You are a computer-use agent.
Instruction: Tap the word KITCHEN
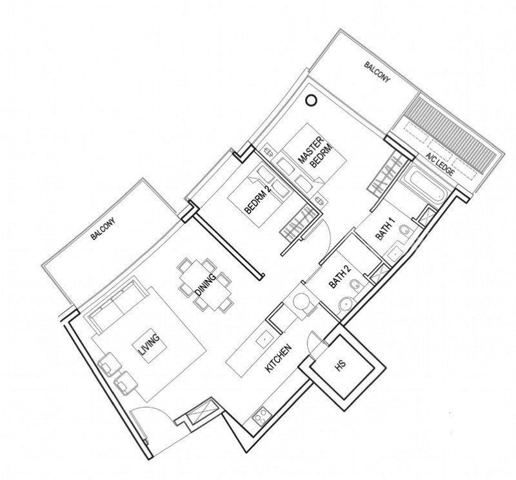(x=279, y=359)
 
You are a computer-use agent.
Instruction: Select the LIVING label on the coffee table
(x=150, y=345)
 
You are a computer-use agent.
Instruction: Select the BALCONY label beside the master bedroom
(x=377, y=72)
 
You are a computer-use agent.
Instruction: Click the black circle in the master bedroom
(x=311, y=100)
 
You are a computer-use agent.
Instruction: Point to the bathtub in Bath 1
(x=428, y=182)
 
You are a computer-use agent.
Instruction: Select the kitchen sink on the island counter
(x=264, y=339)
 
